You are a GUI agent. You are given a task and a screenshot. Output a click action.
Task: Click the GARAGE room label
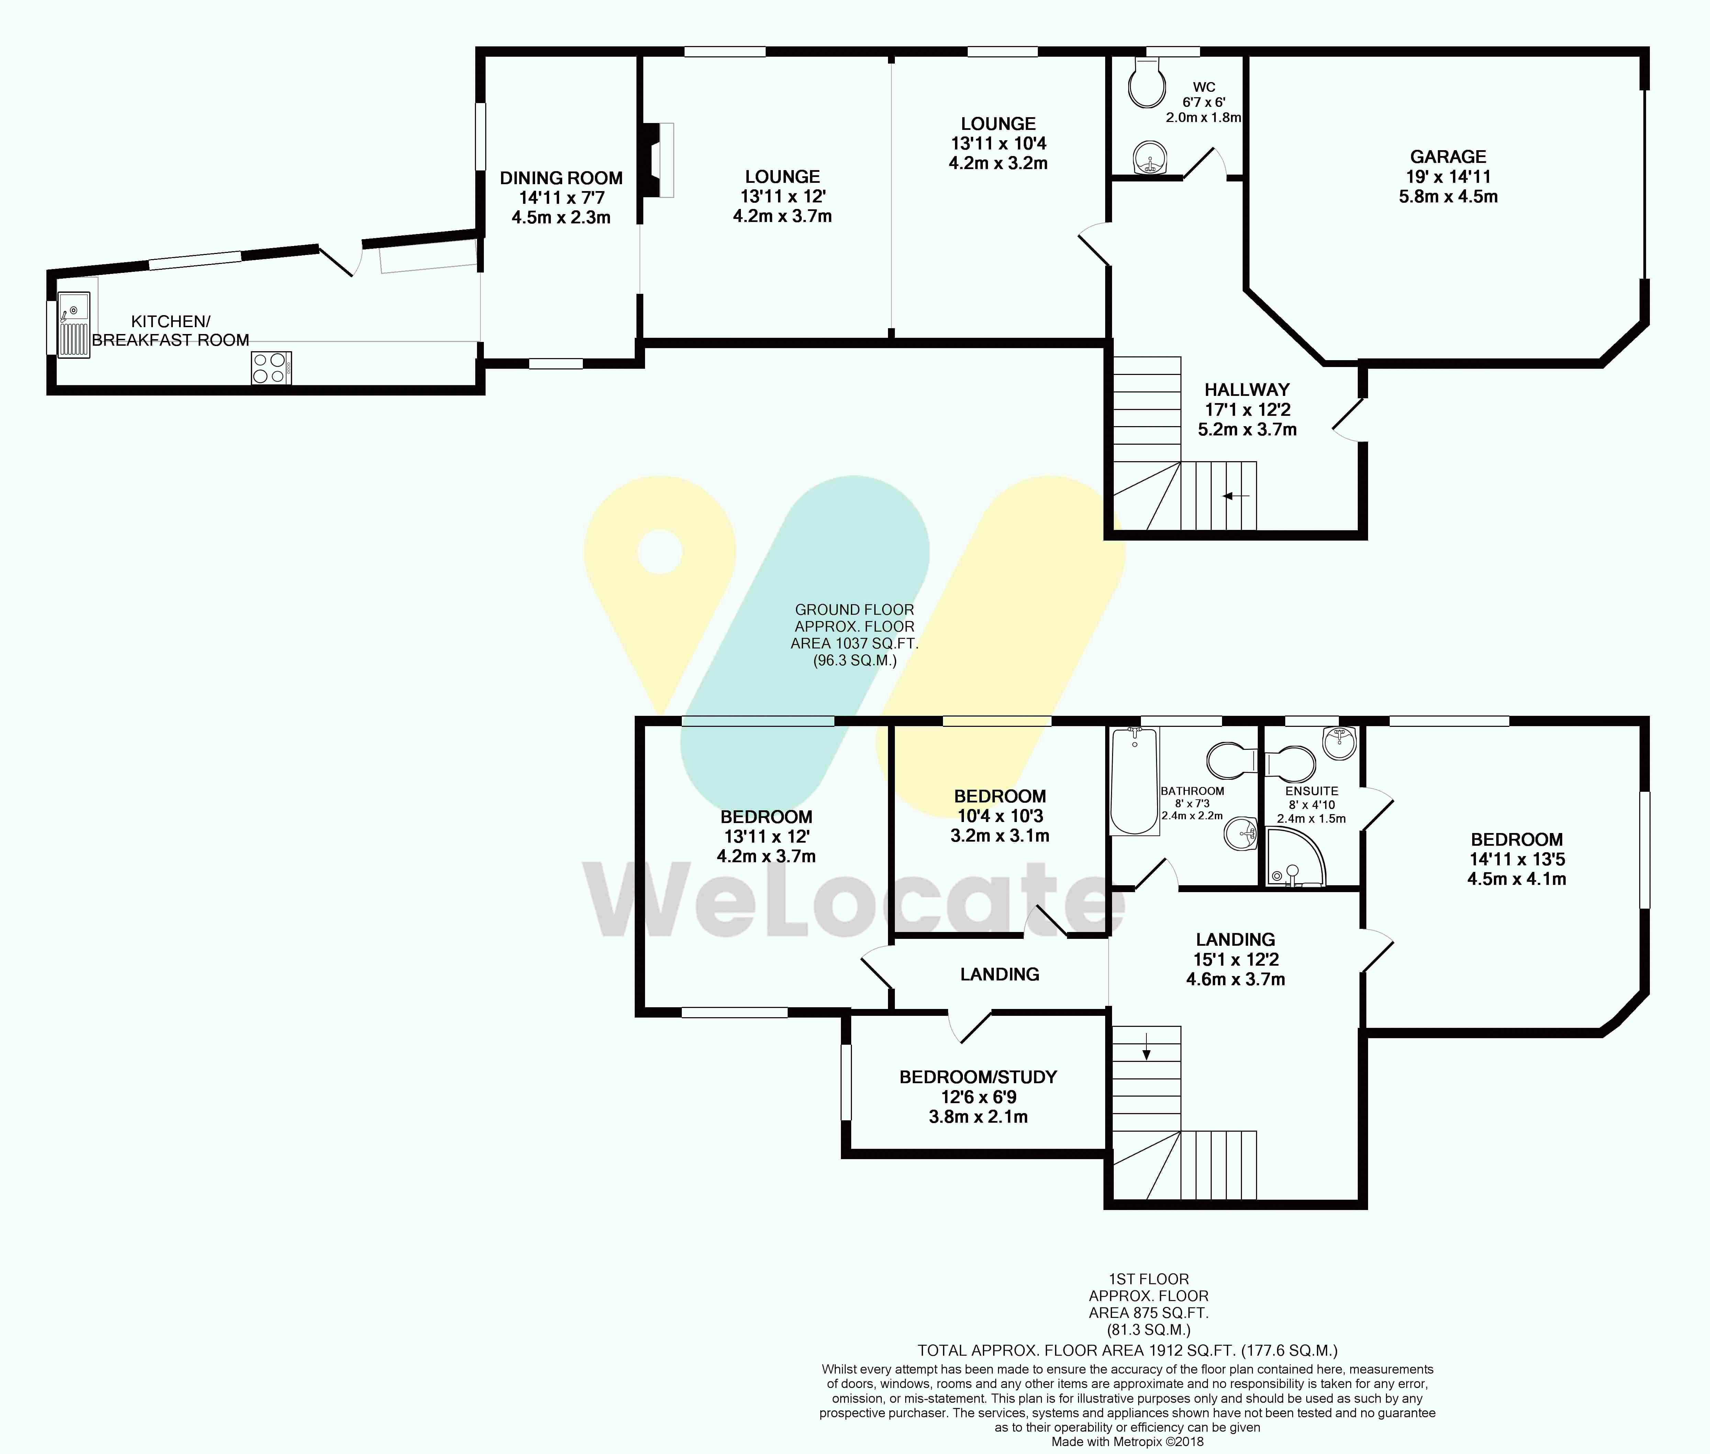[x=1448, y=157]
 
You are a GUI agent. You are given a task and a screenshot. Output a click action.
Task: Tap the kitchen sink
[x=73, y=325]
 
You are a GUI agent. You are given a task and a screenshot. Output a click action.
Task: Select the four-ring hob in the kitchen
[x=271, y=368]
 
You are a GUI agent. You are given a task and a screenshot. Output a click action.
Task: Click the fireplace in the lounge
[x=658, y=160]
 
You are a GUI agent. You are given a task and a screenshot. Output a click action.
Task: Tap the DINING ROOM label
[x=561, y=178]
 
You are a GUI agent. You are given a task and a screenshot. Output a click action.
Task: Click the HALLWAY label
[x=1247, y=390]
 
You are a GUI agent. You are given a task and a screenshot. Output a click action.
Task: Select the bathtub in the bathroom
[x=1135, y=780]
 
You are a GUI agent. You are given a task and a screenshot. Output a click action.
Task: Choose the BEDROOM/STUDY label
[x=978, y=1077]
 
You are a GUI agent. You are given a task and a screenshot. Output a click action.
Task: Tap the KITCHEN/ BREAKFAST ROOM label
[x=170, y=331]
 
